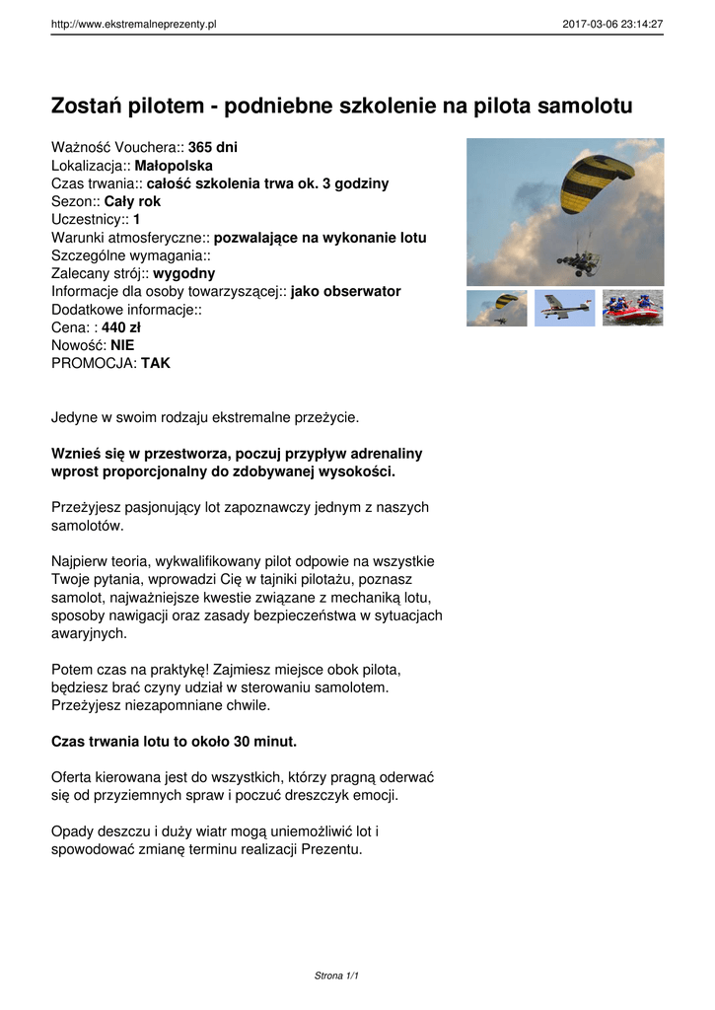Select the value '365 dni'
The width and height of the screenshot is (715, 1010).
213,148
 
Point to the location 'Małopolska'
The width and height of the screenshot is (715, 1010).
173,166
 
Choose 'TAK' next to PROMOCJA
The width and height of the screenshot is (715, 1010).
156,363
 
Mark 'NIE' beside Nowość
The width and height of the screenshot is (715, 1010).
122,345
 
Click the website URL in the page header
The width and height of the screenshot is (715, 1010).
133,25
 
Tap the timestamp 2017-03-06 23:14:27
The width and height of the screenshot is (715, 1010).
612,25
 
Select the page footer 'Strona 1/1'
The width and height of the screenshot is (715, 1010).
336,975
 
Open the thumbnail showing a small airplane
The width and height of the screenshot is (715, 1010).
565,308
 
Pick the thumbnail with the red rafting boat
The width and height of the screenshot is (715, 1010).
632,308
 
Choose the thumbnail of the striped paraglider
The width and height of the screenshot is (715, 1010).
497,308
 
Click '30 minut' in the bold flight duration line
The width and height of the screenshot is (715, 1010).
260,741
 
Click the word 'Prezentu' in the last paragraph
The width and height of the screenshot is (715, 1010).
330,848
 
